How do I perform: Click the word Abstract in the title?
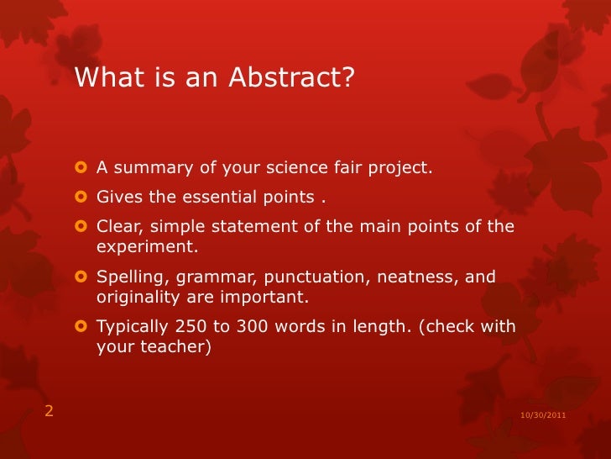(285, 78)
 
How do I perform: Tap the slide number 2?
(49, 411)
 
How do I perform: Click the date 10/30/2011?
(542, 415)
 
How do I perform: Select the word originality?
(138, 298)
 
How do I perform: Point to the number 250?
(191, 327)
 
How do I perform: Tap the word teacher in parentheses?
(174, 347)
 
